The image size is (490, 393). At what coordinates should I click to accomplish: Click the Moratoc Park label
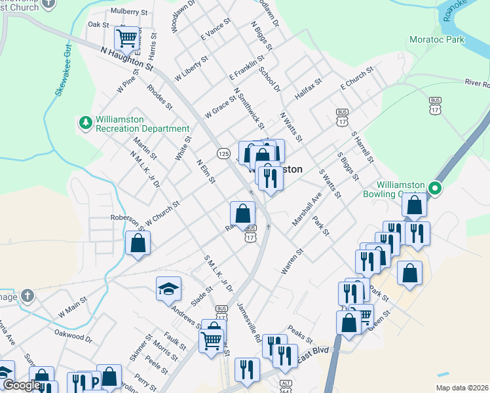tap(436, 39)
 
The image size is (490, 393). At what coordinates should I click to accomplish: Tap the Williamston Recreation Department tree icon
tap(85, 122)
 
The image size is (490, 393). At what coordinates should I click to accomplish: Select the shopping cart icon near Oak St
tap(126, 38)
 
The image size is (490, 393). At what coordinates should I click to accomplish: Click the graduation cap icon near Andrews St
tap(168, 288)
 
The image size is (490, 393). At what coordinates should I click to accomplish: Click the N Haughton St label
tap(127, 58)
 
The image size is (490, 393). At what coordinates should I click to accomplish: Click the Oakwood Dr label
tap(73, 336)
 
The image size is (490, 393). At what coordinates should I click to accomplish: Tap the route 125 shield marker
tap(224, 153)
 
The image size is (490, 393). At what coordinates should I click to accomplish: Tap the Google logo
tap(21, 384)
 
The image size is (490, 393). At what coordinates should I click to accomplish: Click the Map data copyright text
tap(461, 388)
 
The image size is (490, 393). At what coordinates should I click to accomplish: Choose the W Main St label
tap(72, 306)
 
